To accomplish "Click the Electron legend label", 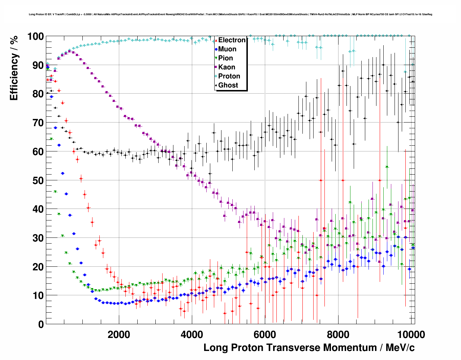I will (232, 40).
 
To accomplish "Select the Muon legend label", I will (227, 49).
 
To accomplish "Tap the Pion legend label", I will (225, 58).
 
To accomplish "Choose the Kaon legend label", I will (227, 67).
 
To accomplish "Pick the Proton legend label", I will (229, 76).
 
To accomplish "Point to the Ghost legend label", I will (228, 85).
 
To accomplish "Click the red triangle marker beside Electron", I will (216, 40).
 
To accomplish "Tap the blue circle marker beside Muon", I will (216, 49).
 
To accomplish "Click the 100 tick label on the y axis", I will (35, 37).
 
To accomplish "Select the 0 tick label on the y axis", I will (41, 324).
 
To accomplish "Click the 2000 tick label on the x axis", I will (119, 334).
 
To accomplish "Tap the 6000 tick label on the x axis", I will (265, 334).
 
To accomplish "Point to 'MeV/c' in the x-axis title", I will (400, 348).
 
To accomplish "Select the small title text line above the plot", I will (231, 14).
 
